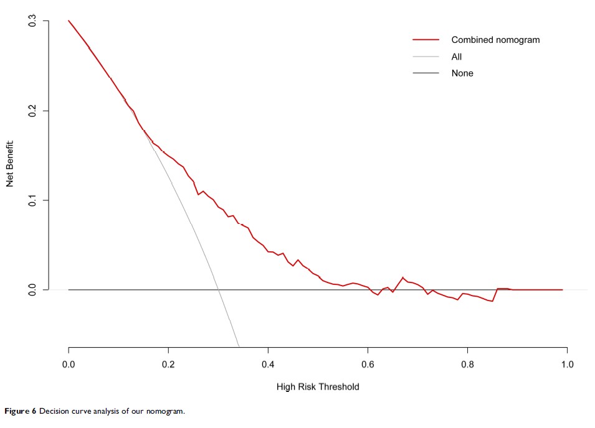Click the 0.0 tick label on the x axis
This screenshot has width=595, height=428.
(x=69, y=363)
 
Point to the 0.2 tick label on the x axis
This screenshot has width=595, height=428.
(x=168, y=363)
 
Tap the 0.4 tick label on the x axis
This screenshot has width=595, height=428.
(x=268, y=363)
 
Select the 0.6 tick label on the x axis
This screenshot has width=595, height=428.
(x=368, y=363)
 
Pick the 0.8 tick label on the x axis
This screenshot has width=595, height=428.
(x=467, y=363)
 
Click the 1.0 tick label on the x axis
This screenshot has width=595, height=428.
(x=567, y=363)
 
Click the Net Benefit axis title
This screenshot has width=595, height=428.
(x=11, y=163)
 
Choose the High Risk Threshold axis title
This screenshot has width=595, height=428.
(x=318, y=387)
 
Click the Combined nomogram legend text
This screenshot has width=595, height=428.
(x=495, y=40)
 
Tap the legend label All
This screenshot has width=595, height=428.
(x=457, y=57)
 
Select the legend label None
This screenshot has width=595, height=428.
(x=462, y=73)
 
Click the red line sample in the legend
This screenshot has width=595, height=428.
(x=427, y=40)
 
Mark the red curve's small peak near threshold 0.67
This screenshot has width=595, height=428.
(x=403, y=277)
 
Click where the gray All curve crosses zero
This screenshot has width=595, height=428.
(x=218, y=290)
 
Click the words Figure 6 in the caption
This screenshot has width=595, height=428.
(x=21, y=412)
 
